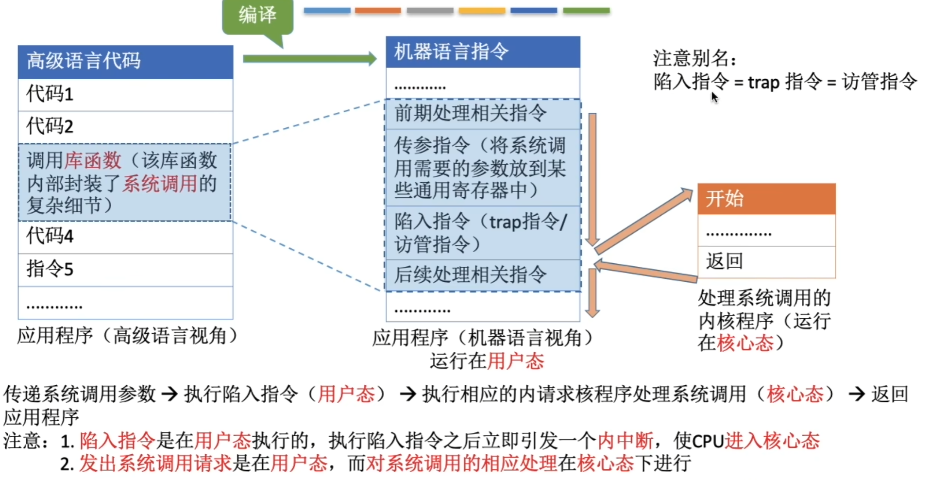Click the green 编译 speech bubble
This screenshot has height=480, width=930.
[x=257, y=16]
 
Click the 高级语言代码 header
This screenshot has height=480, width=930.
[x=125, y=62]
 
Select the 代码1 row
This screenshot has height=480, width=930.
[x=125, y=94]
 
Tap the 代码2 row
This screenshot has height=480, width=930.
[x=125, y=127]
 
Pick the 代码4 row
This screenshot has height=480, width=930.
[x=125, y=237]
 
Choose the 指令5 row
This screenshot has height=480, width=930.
[x=125, y=269]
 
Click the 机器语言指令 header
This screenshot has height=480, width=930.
[x=483, y=51]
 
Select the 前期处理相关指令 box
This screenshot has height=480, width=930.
[x=483, y=114]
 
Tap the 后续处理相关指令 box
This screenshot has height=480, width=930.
[x=483, y=275]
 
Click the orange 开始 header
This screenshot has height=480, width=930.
[x=766, y=199]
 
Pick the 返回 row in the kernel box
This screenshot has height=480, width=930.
[x=766, y=261]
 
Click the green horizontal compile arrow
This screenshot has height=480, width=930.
[x=309, y=59]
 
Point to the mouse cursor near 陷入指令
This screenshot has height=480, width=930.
[x=714, y=97]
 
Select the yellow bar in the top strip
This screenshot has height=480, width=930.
[x=482, y=10]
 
